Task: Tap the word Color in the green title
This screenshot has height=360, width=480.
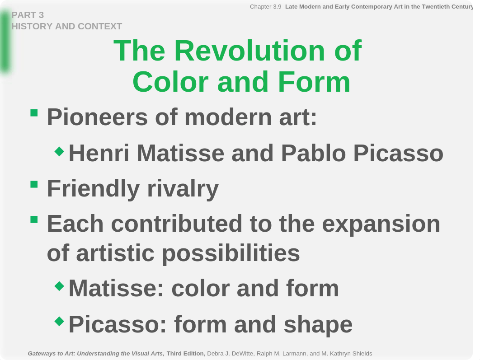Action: point(170,82)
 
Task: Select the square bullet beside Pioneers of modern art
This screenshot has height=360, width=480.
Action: point(34,113)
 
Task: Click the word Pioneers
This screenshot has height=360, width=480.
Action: point(97,117)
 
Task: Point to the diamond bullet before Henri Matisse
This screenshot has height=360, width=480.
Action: point(59,151)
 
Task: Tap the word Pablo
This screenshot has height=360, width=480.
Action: point(314,153)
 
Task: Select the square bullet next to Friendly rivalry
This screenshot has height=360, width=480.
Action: point(34,184)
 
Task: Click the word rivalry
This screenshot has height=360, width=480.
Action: point(183,189)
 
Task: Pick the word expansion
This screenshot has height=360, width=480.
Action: point(381,224)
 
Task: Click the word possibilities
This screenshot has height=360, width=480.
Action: point(231,253)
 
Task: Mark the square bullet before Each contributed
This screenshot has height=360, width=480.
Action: point(34,220)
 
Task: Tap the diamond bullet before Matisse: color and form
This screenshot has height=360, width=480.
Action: point(59,286)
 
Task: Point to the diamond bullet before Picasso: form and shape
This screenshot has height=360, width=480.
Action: point(59,322)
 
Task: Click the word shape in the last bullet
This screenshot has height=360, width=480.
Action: point(318,325)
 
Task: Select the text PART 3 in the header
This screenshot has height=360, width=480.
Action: point(28,15)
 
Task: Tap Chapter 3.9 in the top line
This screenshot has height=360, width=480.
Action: point(265,7)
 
